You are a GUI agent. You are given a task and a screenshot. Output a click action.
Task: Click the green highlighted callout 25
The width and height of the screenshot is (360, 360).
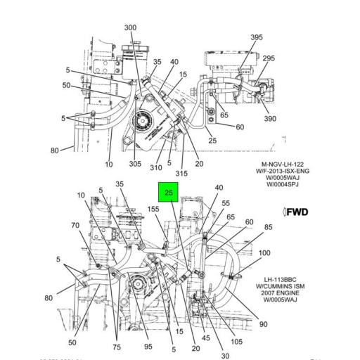[x=168, y=193]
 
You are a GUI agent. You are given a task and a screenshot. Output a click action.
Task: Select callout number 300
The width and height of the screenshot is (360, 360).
[x=131, y=27]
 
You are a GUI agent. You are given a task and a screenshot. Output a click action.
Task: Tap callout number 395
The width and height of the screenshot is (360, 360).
[x=257, y=37]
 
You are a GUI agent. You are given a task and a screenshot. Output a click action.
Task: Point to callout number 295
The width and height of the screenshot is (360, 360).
[x=269, y=59]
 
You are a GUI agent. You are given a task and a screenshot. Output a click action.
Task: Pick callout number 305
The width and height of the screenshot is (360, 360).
[x=134, y=165]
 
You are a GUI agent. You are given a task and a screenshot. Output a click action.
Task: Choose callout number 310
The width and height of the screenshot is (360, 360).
[x=155, y=167]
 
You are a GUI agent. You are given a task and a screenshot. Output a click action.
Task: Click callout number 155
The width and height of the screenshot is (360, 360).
[x=153, y=209]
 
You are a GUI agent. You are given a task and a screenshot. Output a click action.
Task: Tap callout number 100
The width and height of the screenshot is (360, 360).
[x=264, y=253]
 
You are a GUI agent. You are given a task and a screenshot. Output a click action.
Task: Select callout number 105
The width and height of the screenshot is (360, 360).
[x=236, y=342]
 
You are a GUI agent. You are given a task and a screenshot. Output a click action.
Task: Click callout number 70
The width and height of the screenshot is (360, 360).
[x=75, y=226]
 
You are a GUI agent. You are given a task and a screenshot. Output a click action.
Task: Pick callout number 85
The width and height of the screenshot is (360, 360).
[x=268, y=227]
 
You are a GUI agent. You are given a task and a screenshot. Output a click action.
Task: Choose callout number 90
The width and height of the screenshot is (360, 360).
[x=263, y=325]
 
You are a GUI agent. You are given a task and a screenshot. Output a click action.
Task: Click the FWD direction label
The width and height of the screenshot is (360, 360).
[x=297, y=211]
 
